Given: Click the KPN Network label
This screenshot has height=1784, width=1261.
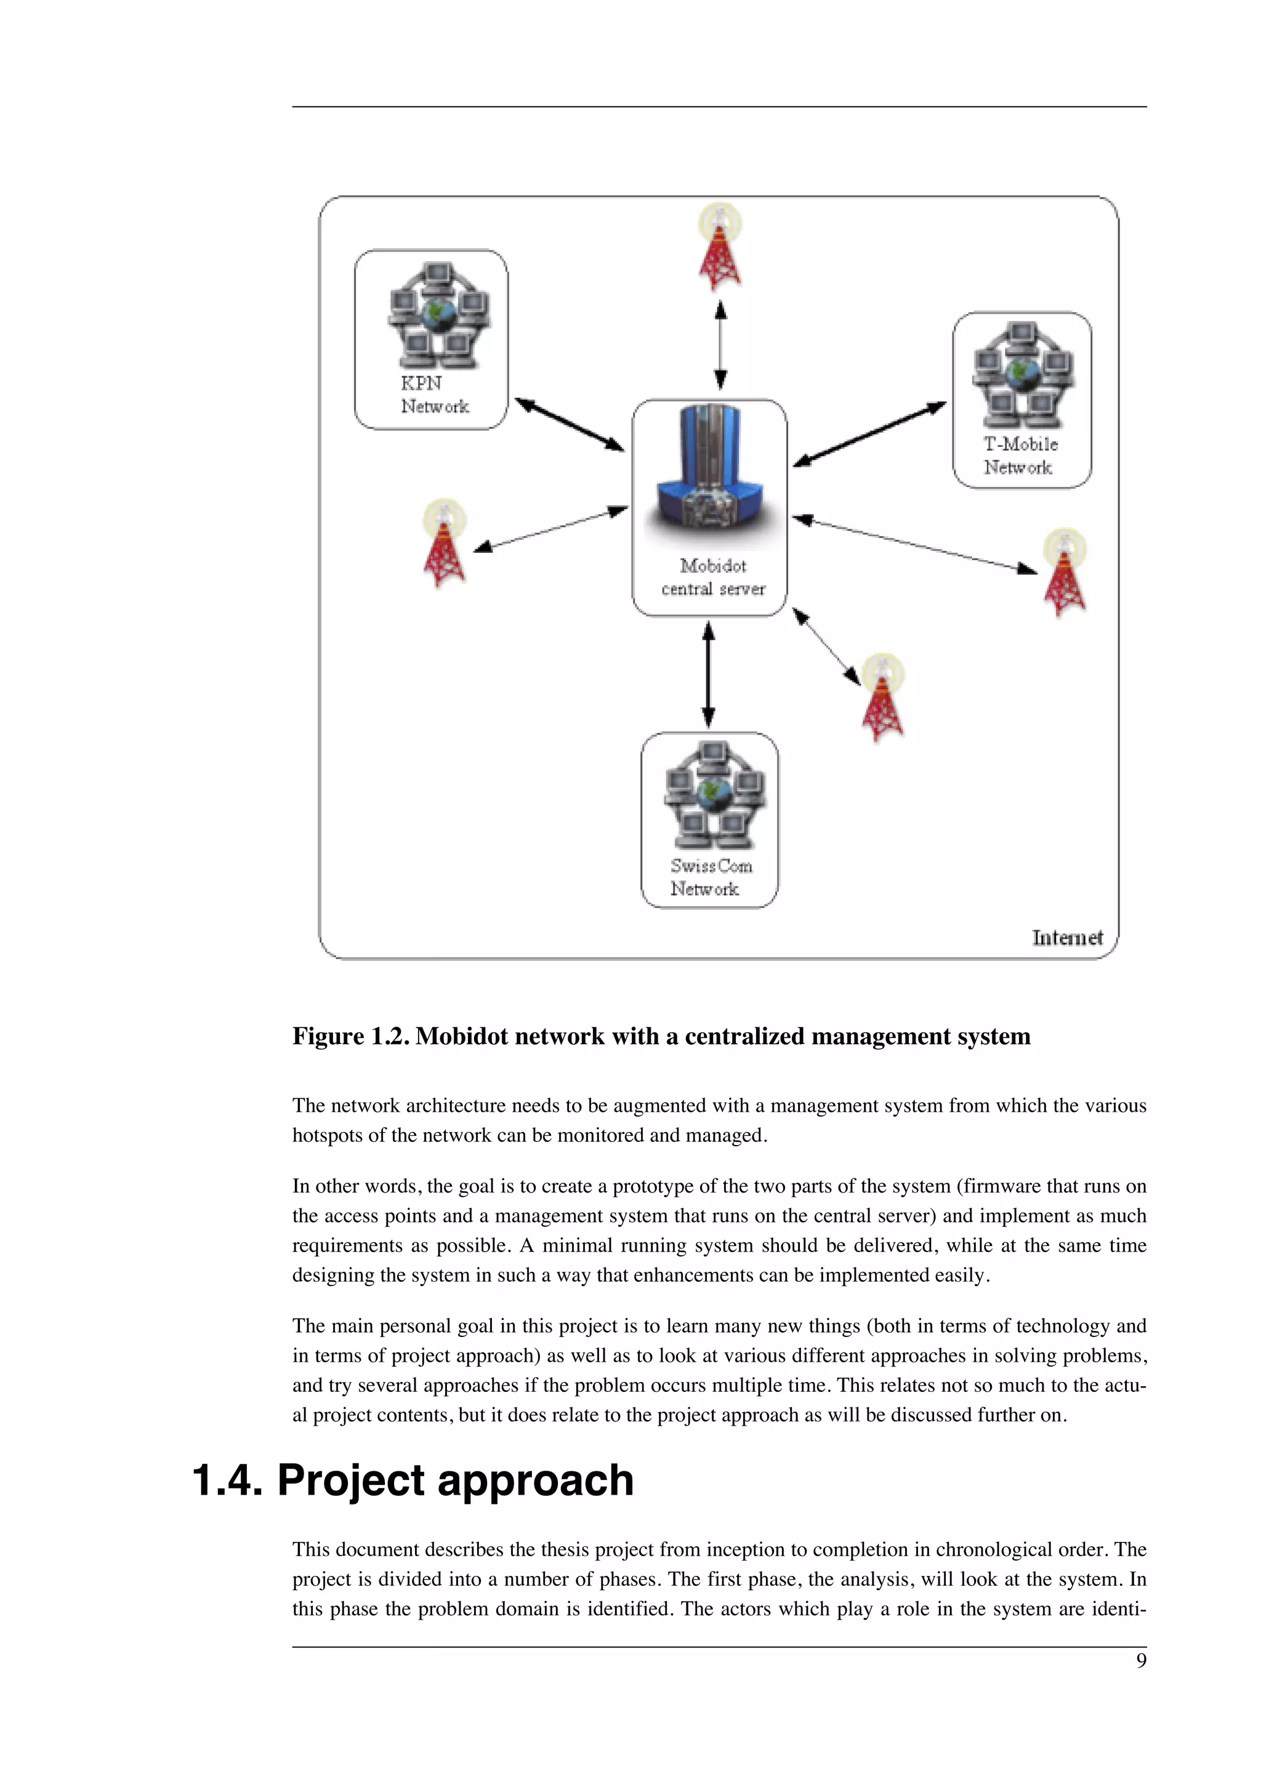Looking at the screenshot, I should click(x=433, y=395).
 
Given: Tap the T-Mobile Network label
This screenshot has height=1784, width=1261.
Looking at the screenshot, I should click(x=1020, y=456).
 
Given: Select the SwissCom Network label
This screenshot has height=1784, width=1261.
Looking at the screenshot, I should click(x=710, y=877).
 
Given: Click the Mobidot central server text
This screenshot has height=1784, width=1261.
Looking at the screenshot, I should click(x=712, y=577).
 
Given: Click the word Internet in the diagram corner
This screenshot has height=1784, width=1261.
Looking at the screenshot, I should click(x=1067, y=938).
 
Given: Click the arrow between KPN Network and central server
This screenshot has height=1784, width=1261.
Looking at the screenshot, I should click(x=570, y=424).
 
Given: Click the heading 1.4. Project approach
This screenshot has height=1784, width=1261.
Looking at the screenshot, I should click(x=413, y=1480).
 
